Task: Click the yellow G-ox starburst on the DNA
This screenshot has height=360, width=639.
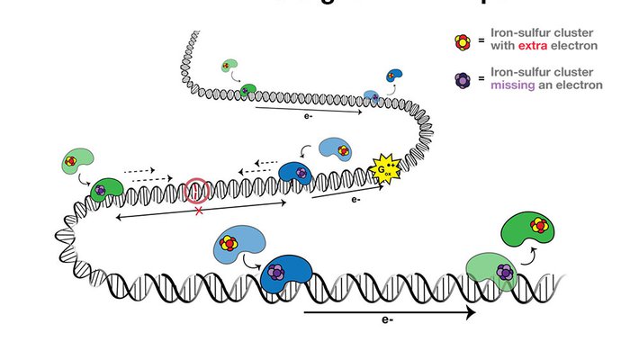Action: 389,166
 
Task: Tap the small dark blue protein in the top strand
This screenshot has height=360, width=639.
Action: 394,76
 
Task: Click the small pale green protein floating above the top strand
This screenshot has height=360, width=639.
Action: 231,67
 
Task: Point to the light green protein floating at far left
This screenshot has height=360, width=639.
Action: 73,163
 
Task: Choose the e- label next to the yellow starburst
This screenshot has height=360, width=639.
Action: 356,200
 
